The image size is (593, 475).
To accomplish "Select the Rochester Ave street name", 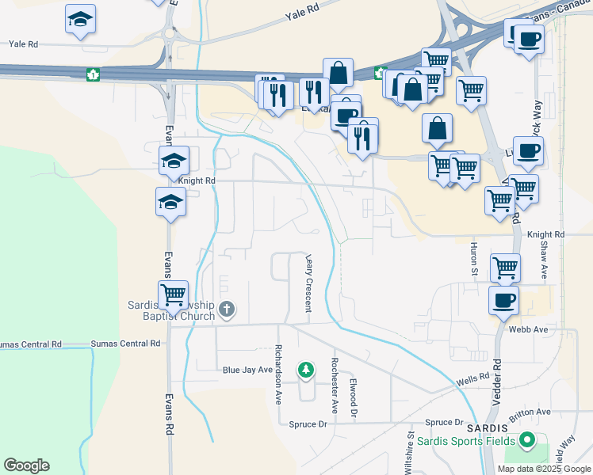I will (335, 384).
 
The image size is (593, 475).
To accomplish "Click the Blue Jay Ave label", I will (247, 370).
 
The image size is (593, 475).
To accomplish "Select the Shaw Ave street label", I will (545, 260).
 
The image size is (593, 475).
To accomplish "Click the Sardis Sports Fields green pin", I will (524, 440).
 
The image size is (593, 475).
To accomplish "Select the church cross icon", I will (227, 309).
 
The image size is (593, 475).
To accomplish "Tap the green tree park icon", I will (305, 369).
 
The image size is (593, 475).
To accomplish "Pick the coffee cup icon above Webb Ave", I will (504, 301).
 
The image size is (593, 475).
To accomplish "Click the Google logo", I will (26, 465).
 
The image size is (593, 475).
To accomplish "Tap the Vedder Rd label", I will (497, 376).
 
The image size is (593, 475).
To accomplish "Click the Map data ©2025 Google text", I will (543, 468).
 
